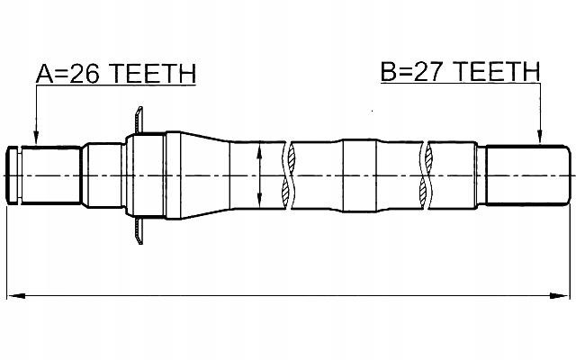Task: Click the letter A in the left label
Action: tap(42, 74)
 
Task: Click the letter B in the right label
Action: tap(388, 72)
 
